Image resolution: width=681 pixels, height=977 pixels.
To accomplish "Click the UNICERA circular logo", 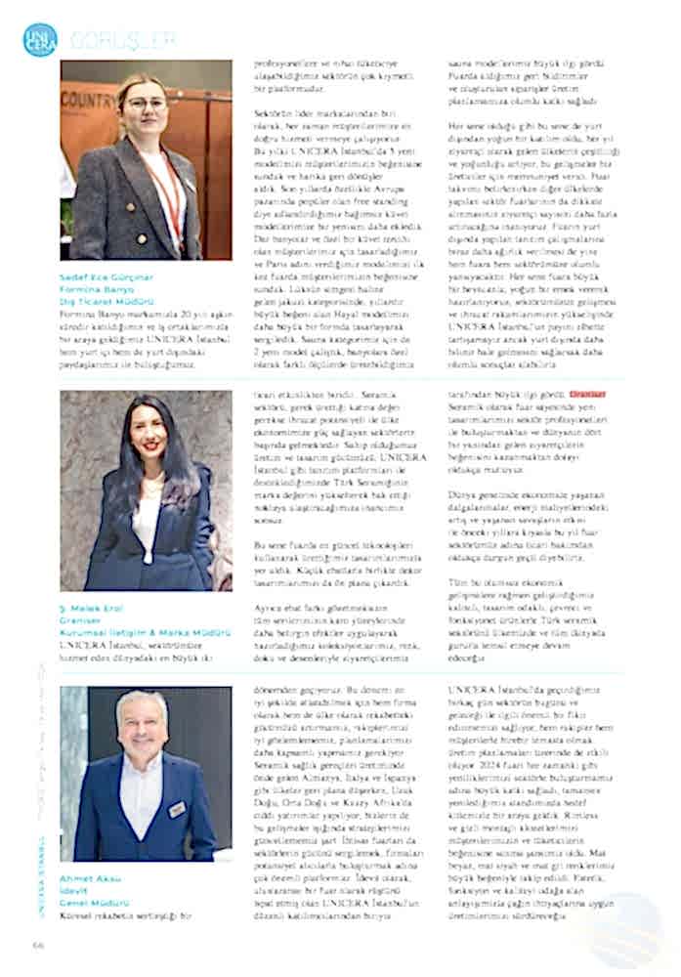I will tap(40, 39).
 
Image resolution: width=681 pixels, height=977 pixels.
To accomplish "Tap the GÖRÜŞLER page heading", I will tap(122, 40).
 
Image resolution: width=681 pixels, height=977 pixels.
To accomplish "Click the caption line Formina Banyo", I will tap(95, 289).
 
